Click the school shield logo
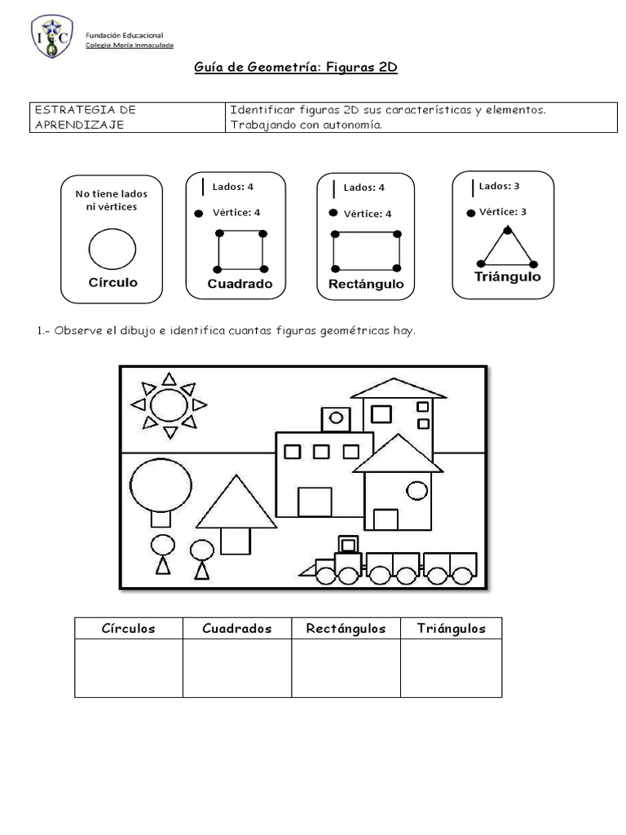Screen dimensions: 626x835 (52, 37)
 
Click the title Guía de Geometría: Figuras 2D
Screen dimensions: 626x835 (296, 68)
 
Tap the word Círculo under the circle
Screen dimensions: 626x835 (112, 282)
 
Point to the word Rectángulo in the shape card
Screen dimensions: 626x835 (366, 285)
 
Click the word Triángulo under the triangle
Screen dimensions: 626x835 (507, 276)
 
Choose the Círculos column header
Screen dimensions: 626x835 (128, 628)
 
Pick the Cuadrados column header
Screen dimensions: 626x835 (236, 628)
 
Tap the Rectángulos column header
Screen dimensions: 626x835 (346, 628)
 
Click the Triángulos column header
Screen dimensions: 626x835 (451, 628)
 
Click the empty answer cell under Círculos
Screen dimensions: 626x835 (128, 668)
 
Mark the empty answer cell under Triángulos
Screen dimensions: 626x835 (451, 668)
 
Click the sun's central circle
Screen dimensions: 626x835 (169, 404)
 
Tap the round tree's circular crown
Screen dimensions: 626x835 (161, 484)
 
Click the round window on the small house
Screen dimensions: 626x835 (417, 490)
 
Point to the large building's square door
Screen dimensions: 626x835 (315, 501)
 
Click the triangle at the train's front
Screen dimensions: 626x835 (307, 570)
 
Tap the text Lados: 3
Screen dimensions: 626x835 (499, 186)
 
